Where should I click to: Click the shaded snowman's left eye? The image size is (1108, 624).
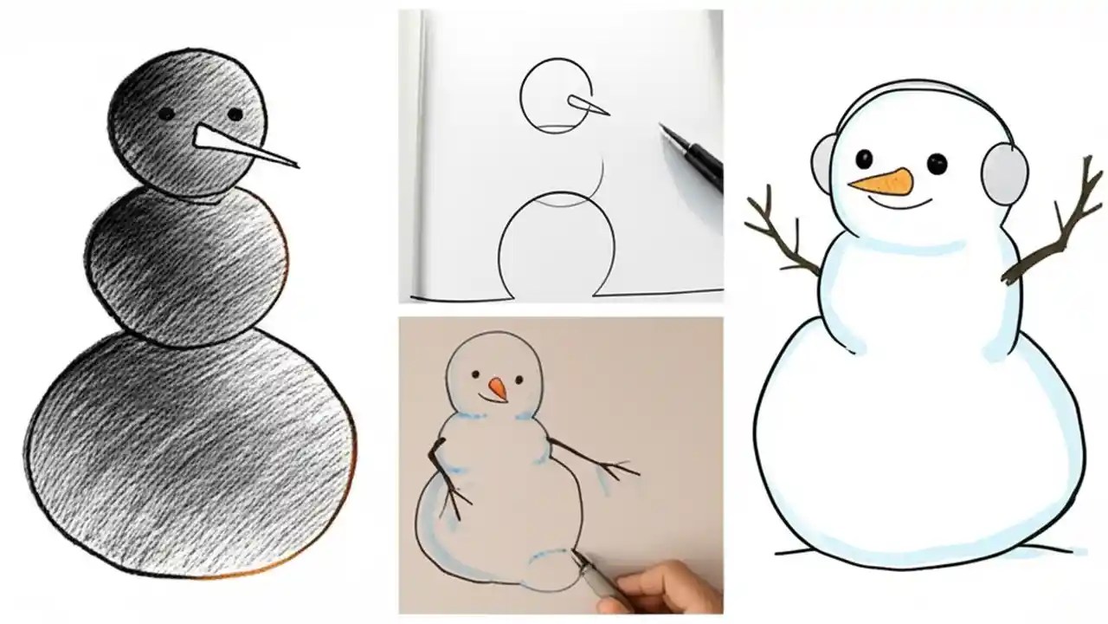[165, 113]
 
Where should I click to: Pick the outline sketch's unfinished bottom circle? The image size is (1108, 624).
[557, 247]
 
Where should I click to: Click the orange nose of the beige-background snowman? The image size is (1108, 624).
[498, 388]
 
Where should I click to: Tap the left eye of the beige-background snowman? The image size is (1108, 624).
[475, 375]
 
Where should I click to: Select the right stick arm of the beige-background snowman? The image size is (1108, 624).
[597, 462]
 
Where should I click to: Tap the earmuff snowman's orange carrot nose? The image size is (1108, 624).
[882, 181]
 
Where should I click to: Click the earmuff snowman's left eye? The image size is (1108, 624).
[863, 159]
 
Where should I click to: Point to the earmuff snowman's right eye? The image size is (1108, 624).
[935, 162]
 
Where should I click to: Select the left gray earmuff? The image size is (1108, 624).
[822, 162]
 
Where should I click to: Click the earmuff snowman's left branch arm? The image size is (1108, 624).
[779, 233]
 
